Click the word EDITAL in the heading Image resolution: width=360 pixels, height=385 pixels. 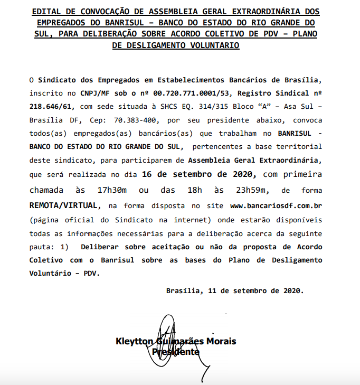point(46,11)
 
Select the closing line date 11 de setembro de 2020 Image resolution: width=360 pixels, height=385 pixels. point(255,290)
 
